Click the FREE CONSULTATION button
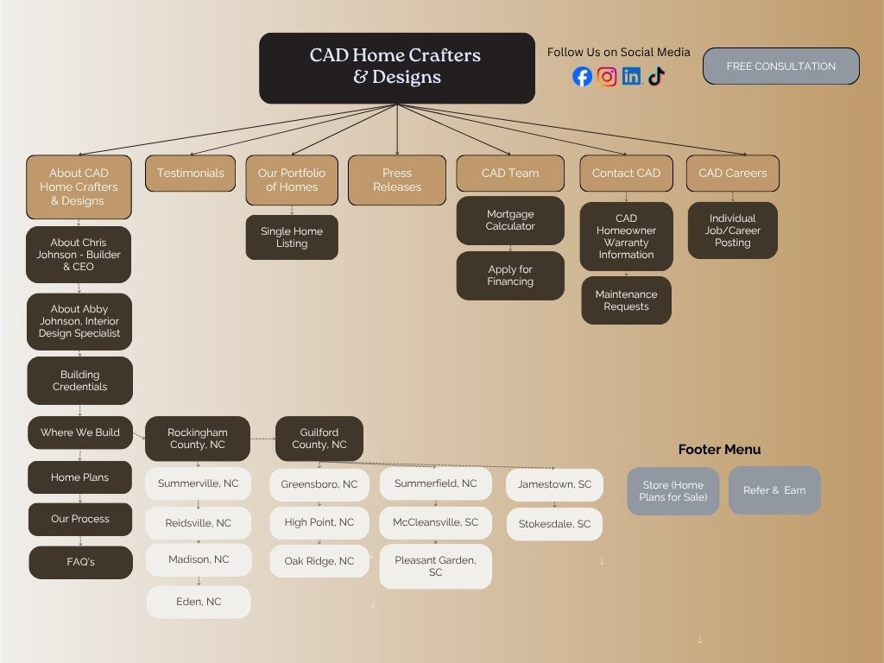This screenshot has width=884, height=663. pyautogui.click(x=780, y=66)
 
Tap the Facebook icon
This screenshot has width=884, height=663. pyautogui.click(x=583, y=77)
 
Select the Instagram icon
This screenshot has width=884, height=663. pyautogui.click(x=607, y=77)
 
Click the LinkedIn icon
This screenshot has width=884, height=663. pyautogui.click(x=632, y=77)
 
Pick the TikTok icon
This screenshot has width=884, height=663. pyautogui.click(x=656, y=77)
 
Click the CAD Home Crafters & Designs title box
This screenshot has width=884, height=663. pyautogui.click(x=396, y=67)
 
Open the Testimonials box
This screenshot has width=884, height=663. pyautogui.click(x=190, y=174)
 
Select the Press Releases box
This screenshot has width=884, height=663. pyautogui.click(x=396, y=180)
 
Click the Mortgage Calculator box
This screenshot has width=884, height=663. pyautogui.click(x=510, y=220)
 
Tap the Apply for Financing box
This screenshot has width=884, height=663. pyautogui.click(x=510, y=275)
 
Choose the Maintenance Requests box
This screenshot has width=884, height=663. pyautogui.click(x=626, y=300)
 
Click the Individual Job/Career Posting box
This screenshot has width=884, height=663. pyautogui.click(x=732, y=230)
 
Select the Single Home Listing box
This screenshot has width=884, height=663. pyautogui.click(x=292, y=237)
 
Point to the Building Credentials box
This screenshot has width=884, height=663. pyautogui.click(x=80, y=381)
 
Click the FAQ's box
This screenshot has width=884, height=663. pyautogui.click(x=80, y=562)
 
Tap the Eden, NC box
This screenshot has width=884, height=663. pyautogui.click(x=199, y=602)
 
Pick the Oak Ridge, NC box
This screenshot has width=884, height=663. pyautogui.click(x=319, y=561)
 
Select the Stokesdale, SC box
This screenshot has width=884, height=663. pyautogui.click(x=554, y=524)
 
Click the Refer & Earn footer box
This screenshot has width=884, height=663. pyautogui.click(x=774, y=490)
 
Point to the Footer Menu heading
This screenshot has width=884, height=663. pyautogui.click(x=719, y=449)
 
